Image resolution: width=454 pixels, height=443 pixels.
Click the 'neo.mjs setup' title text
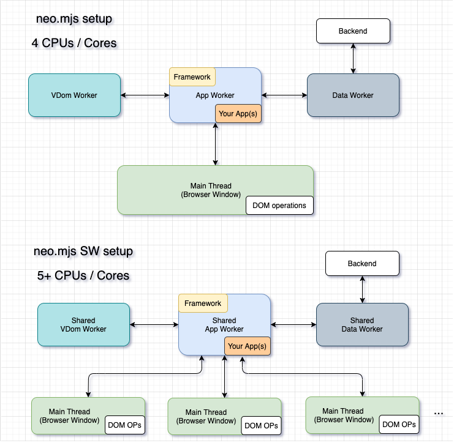click(x=74, y=19)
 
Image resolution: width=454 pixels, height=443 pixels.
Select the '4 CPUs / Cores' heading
click(x=74, y=43)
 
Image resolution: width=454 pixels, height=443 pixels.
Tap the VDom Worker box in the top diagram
click(x=74, y=95)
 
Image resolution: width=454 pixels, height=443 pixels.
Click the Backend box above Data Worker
click(x=353, y=31)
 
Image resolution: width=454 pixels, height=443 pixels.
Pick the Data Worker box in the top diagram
click(x=353, y=95)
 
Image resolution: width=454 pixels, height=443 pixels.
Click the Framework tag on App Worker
click(x=192, y=77)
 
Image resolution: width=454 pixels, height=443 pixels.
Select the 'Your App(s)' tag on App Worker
click(x=238, y=114)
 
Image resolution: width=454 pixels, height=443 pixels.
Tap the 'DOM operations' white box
click(x=279, y=206)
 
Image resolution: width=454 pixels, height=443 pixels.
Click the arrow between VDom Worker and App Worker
click(x=145, y=95)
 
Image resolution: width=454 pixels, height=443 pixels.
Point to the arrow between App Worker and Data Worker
click(x=284, y=95)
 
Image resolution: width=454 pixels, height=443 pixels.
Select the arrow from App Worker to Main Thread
click(x=215, y=144)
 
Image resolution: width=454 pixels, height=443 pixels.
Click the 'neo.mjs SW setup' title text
click(x=83, y=251)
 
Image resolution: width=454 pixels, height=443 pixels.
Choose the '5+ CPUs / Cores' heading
click(x=83, y=275)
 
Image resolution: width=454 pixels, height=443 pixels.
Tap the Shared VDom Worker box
click(x=84, y=324)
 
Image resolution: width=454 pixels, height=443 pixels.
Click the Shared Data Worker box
click(x=362, y=324)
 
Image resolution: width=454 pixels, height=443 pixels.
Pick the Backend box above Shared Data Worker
click(x=362, y=264)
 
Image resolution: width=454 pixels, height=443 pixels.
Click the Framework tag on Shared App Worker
click(x=203, y=303)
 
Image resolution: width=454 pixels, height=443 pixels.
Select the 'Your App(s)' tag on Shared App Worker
click(x=248, y=346)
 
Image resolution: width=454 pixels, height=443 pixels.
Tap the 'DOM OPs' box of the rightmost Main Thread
click(x=399, y=424)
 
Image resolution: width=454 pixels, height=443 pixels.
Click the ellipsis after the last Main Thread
click(x=439, y=414)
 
